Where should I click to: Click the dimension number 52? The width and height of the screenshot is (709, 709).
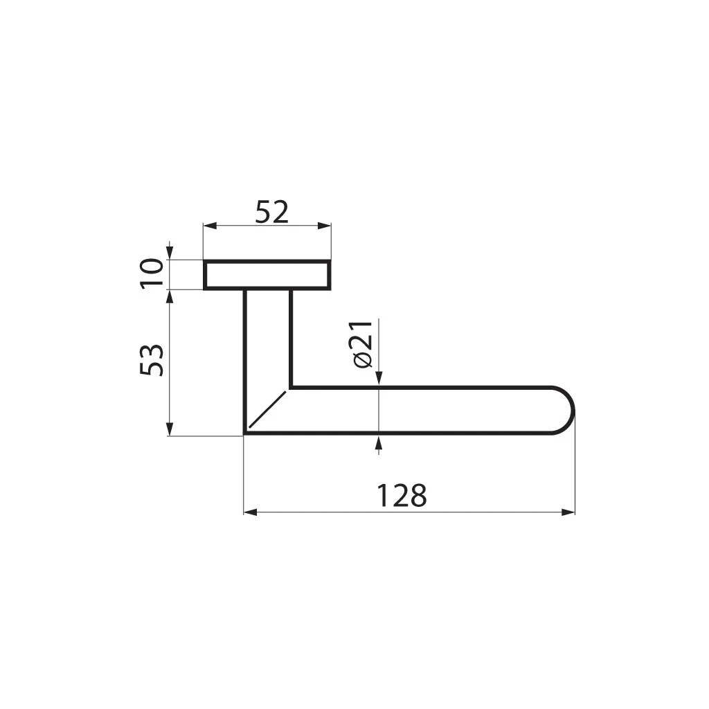click(x=271, y=212)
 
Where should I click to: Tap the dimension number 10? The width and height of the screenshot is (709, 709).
click(x=152, y=273)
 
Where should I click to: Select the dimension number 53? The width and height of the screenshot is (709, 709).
click(x=151, y=360)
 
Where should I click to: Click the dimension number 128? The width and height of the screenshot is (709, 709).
click(x=402, y=496)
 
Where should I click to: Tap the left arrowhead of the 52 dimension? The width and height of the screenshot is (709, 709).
click(x=210, y=226)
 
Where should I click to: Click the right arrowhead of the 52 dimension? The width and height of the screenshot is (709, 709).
click(x=324, y=226)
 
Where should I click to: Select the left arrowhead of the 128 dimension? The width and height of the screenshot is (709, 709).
click(x=251, y=512)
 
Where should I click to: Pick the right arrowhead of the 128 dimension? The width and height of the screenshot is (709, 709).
click(x=568, y=512)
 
